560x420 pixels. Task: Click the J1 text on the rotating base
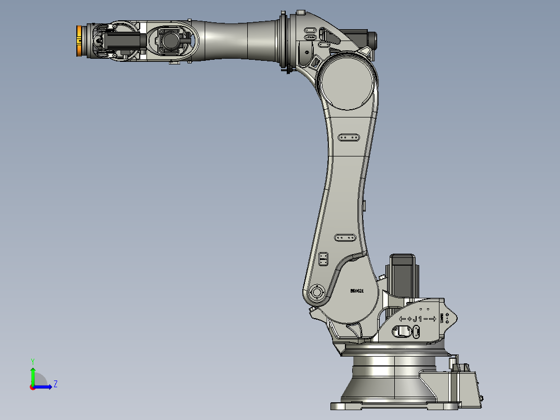coord(418,319)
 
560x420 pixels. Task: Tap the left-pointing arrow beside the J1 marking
coord(402,319)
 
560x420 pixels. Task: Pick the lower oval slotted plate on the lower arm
coord(345,238)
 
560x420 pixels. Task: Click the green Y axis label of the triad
coord(32,361)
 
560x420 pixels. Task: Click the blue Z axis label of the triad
coord(55,384)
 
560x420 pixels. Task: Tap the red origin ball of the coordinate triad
coord(32,387)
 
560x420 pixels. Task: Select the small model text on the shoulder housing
coord(356,291)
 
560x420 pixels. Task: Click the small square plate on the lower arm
coord(323,259)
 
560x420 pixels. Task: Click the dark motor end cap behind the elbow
coord(371,39)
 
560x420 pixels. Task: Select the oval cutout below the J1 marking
coord(405,331)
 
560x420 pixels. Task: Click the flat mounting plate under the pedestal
coord(395,405)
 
